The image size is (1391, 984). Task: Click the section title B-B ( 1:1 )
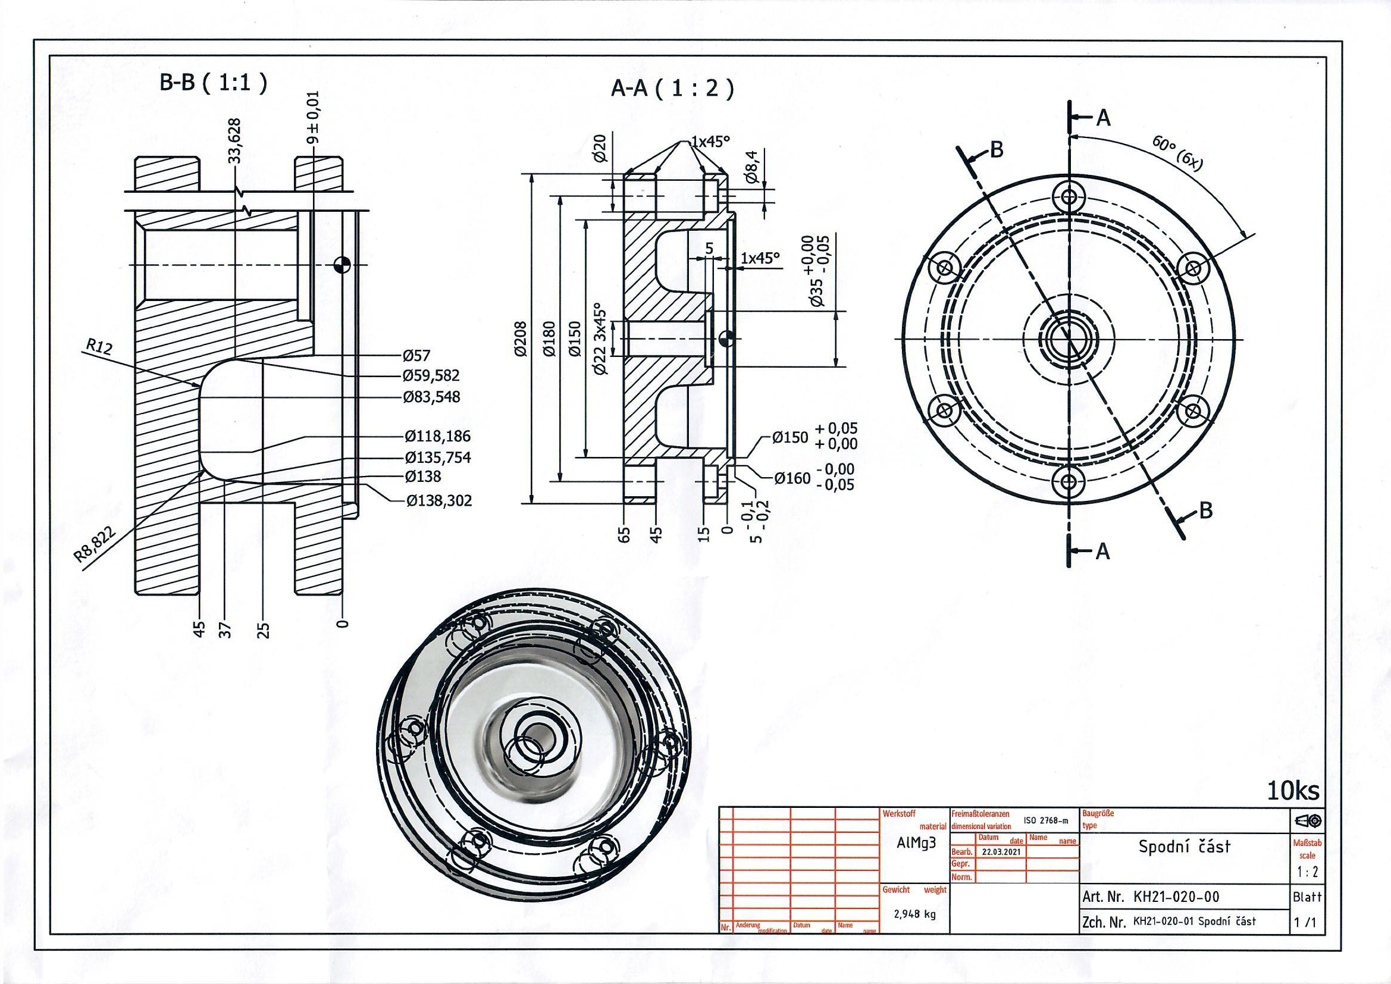pos(212,83)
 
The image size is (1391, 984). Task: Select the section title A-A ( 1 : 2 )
pos(672,89)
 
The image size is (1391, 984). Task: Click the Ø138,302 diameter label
pos(438,500)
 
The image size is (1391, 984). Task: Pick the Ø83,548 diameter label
pos(432,397)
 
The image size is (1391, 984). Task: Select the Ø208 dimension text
pos(521,339)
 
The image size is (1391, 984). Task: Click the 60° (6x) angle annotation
pos(1177,153)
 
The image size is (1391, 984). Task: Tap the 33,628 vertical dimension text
pos(234,140)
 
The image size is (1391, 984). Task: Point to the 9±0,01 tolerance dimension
pos(314,118)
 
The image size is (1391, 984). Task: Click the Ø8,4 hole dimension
pos(752,169)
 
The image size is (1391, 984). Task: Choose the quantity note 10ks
pos(1293,791)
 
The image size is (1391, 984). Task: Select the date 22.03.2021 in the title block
pos(1001,851)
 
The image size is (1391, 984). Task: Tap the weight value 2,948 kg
pos(915,914)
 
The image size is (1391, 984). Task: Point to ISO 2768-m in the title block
pos(1046,820)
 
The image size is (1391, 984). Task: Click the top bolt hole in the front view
pos(1069,196)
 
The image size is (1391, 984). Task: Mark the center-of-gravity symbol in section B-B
pos(342,264)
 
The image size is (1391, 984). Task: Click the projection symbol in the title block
pos(1308,821)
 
